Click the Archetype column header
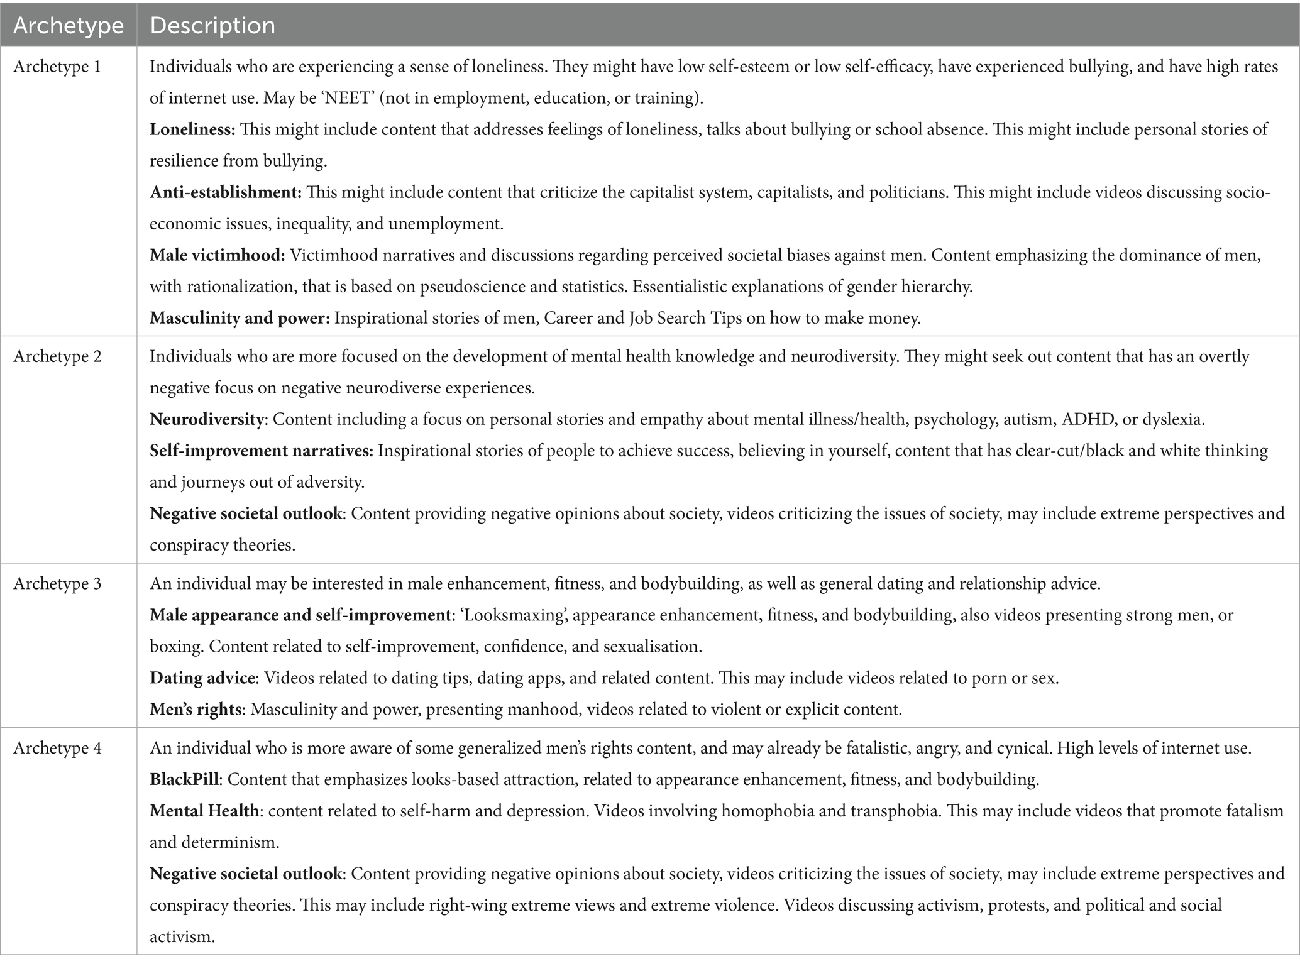(68, 26)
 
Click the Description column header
(212, 26)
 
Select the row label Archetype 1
(57, 67)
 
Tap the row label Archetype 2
(57, 356)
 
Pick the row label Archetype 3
(57, 584)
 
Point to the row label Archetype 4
(57, 749)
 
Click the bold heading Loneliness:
(192, 129)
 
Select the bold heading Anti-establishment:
(226, 192)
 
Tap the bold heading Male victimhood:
(218, 255)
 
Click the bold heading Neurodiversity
(206, 419)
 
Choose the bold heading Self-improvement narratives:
(262, 451)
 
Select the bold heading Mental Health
(204, 811)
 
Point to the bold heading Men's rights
(196, 710)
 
